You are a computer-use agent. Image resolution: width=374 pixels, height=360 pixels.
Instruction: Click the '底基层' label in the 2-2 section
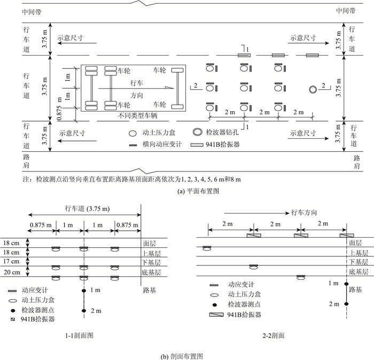(x=359, y=272)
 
